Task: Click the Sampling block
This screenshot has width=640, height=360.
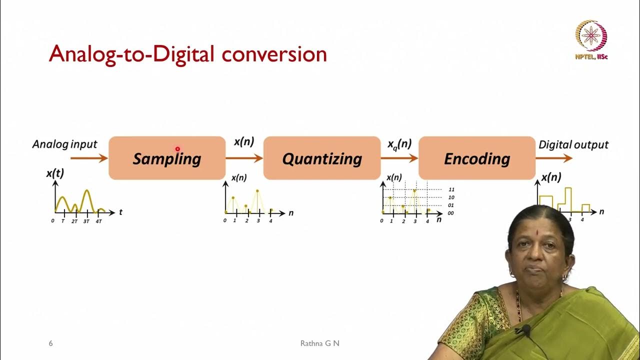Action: click(167, 158)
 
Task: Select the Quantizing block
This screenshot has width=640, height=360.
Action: click(322, 158)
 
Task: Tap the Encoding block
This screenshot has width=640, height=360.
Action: click(477, 158)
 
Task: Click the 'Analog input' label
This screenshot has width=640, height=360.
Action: click(64, 144)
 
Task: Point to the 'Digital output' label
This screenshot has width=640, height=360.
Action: click(573, 145)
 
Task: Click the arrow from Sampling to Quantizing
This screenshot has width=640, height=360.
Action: click(244, 158)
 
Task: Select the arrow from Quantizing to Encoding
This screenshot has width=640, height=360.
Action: click(399, 158)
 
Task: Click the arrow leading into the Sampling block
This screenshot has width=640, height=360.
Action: click(89, 158)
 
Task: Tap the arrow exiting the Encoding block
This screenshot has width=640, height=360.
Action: click(554, 158)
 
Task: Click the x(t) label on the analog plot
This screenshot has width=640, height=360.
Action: click(55, 173)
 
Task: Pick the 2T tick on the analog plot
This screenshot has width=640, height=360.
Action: click(74, 221)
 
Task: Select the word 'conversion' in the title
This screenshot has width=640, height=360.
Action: click(274, 54)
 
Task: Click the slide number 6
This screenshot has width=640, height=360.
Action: click(50, 343)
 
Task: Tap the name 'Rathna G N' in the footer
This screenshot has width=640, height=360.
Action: click(319, 343)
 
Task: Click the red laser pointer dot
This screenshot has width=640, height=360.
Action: click(177, 148)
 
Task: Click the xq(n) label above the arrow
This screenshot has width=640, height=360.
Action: click(399, 144)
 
